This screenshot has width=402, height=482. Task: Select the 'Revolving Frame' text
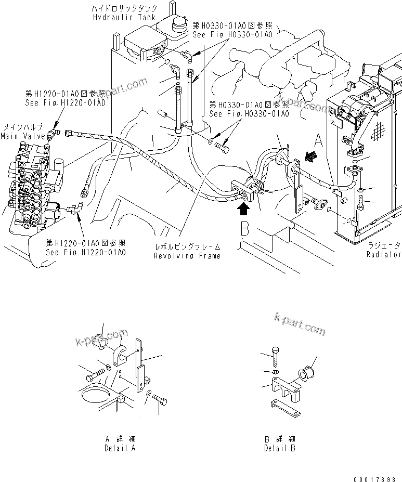187,256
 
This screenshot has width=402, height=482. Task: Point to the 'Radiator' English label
384,255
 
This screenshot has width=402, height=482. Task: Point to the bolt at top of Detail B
276,358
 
